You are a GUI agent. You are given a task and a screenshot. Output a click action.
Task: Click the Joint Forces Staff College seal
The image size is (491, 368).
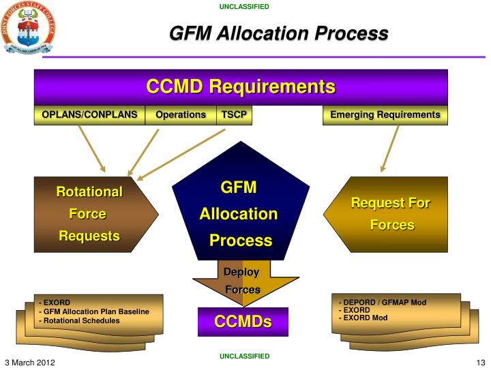28,28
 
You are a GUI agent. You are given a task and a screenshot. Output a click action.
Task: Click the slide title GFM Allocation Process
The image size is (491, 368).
278,33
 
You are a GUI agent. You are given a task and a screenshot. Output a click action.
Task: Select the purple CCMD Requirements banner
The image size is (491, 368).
241,87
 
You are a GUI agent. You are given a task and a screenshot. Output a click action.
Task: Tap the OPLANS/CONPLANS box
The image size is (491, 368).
89,115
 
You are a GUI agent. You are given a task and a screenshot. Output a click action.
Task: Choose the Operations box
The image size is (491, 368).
181,115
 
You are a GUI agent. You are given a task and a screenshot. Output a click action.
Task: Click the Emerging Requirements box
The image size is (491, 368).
385,115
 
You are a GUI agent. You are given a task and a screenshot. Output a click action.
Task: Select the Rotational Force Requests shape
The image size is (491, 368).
89,214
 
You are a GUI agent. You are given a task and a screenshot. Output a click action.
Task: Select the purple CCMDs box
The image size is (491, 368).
243,322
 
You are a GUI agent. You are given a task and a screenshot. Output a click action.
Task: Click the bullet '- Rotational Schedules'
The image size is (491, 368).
80,320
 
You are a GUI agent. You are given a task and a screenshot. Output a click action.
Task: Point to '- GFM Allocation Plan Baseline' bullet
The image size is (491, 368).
95,311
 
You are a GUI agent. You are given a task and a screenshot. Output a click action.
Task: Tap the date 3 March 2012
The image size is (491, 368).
30,361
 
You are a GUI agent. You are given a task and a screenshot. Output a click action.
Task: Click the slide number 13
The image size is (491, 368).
479,361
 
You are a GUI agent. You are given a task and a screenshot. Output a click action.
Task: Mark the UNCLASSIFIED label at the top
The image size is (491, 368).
244,7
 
